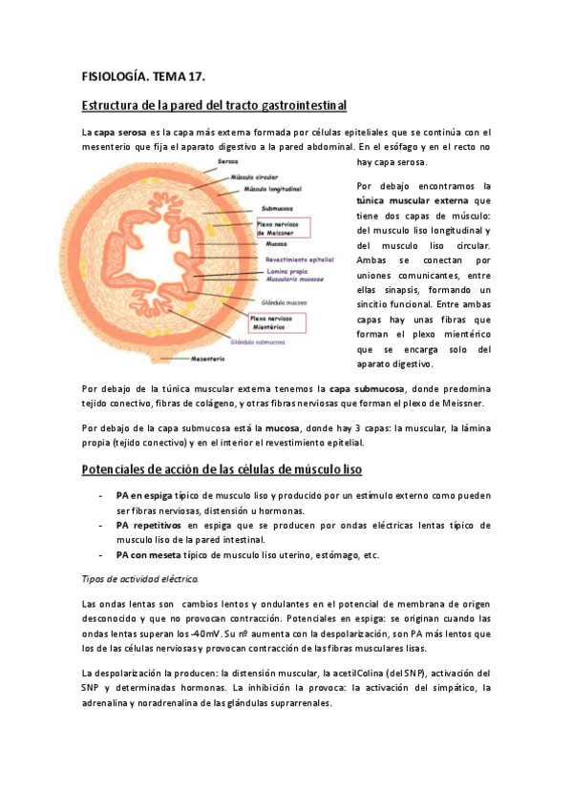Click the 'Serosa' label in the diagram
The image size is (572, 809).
pyautogui.click(x=228, y=162)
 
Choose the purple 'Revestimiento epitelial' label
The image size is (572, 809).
pyautogui.click(x=299, y=259)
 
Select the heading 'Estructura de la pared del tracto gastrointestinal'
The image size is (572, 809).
pyautogui.click(x=214, y=104)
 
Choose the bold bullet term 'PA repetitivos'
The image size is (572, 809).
pyautogui.click(x=149, y=525)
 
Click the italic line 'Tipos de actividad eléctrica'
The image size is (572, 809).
pyautogui.click(x=139, y=579)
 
